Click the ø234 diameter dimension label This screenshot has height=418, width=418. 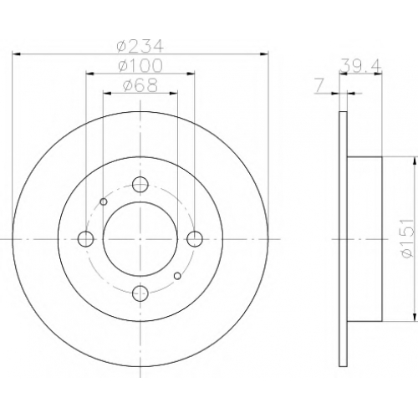(140, 46)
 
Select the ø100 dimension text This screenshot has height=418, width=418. (140, 66)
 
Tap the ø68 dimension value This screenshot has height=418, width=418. (140, 85)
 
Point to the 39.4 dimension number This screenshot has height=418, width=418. (360, 67)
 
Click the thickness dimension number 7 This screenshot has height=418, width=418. (319, 86)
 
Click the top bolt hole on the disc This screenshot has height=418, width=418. (140, 184)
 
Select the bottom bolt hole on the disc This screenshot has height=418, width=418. (140, 293)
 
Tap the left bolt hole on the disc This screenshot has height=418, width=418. (85, 239)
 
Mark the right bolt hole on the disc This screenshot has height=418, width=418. (195, 239)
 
